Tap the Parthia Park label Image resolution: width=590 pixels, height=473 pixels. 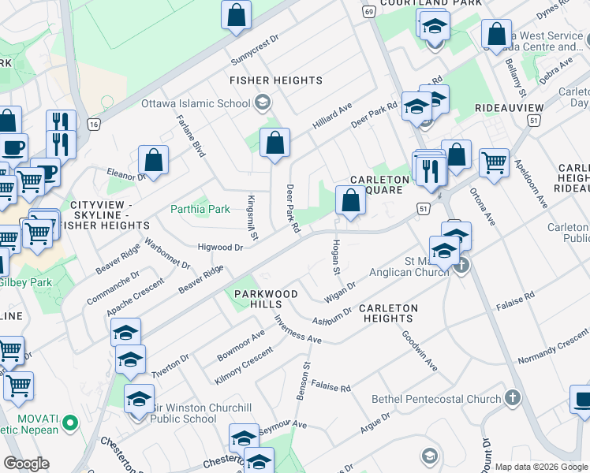click(200, 209)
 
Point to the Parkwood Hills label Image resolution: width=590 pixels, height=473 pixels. click(266, 300)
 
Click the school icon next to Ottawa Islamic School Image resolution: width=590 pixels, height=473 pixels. click(262, 102)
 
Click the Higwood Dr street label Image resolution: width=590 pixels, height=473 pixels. click(220, 247)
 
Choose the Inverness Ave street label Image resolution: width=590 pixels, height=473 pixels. click(297, 329)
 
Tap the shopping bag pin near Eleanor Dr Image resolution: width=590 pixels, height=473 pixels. click(153, 160)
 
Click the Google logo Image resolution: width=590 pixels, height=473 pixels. click(26, 464)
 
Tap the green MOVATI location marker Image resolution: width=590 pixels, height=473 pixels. click(70, 423)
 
